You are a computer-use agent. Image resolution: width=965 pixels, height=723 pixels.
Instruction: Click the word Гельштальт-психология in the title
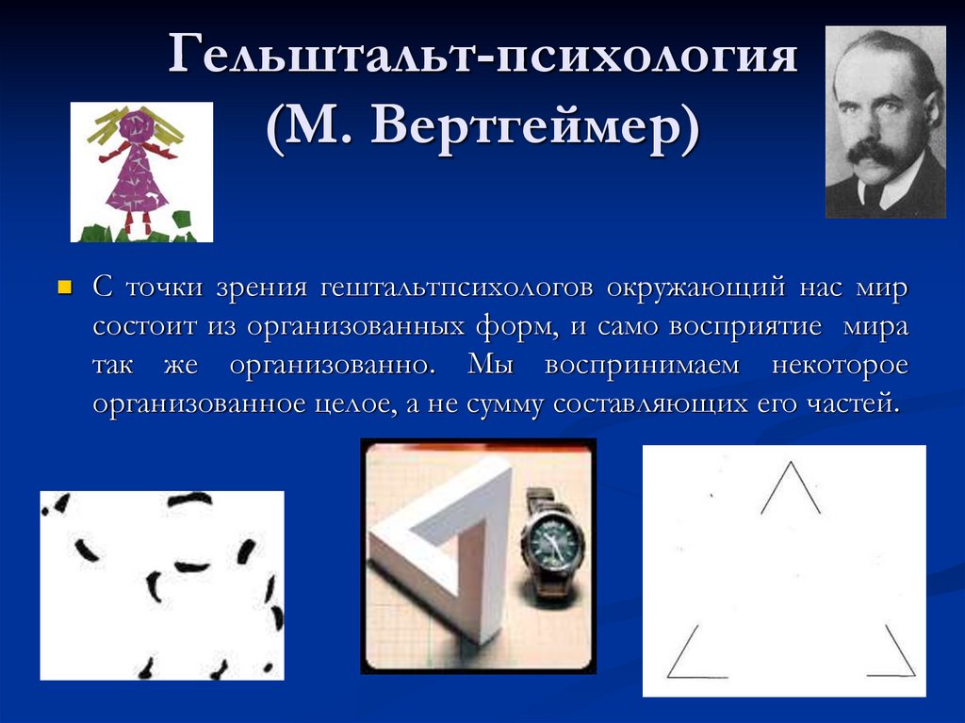(483, 58)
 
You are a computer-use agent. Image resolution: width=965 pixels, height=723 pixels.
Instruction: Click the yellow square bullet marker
(65, 286)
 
